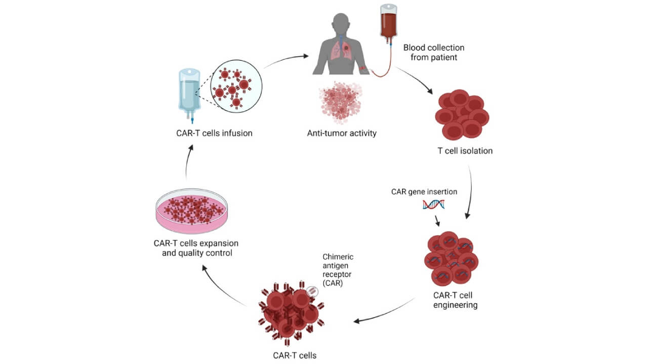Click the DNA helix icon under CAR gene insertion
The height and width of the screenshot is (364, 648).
(433, 204)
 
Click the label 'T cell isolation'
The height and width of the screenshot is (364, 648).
(465, 151)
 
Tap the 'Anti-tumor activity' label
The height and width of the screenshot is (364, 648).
(341, 133)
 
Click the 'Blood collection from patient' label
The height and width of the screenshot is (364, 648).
(433, 52)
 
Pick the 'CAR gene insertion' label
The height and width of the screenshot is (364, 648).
(424, 192)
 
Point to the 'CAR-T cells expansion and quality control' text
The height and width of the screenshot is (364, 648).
(196, 248)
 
